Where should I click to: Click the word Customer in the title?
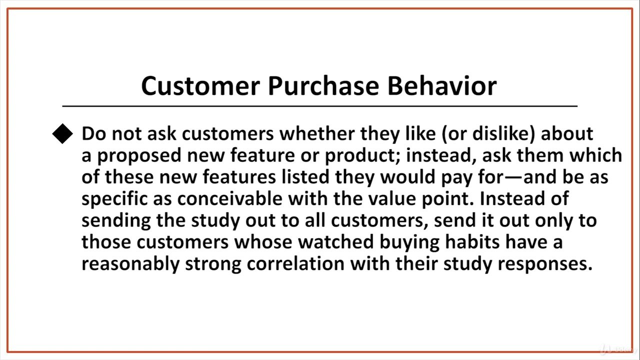[x=201, y=86]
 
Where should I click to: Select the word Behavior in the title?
[x=442, y=85]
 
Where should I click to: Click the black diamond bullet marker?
[x=62, y=133]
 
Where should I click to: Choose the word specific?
[x=114, y=199]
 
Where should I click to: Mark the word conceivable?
[x=229, y=198]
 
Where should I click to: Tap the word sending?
[x=116, y=221]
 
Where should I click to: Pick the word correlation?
[x=295, y=263]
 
